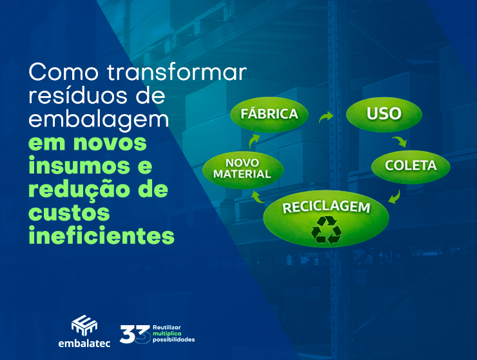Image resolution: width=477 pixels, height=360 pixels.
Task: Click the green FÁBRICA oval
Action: pos(269,114)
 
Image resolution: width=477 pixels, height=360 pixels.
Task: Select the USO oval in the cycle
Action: pos(384,114)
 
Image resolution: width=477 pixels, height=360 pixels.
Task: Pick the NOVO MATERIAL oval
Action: pos(237,168)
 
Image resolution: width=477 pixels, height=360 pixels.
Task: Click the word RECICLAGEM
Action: pos(327,208)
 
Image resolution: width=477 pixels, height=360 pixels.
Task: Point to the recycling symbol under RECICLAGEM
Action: pos(326,230)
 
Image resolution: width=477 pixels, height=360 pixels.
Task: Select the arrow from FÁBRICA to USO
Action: pos(326,117)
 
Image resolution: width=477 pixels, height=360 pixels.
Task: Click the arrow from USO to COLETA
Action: pos(400,140)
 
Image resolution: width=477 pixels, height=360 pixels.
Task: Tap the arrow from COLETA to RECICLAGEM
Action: pos(395,195)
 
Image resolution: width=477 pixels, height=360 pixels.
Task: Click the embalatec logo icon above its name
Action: pos(83,324)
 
